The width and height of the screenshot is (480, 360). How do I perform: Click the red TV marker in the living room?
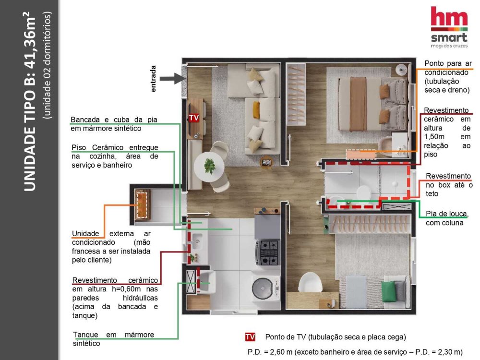pyautogui.click(x=194, y=118)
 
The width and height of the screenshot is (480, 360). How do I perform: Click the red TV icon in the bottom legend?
pyautogui.click(x=250, y=337)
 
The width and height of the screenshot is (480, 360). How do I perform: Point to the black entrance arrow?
pyautogui.click(x=172, y=79)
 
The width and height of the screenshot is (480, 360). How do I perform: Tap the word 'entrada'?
pyautogui.click(x=154, y=79)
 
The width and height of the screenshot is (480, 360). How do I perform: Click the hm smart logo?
pyautogui.click(x=449, y=27)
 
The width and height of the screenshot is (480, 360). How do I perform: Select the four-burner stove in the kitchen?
pyautogui.click(x=267, y=252)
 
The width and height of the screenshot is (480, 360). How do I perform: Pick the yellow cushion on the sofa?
pyautogui.click(x=256, y=110)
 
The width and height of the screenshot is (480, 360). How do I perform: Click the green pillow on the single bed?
pyautogui.click(x=388, y=291)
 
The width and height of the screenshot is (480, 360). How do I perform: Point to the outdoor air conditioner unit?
pyautogui.click(x=143, y=205)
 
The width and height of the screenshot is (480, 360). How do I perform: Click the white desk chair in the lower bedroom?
pyautogui.click(x=310, y=283)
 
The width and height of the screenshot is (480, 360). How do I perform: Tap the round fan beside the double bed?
pyautogui.click(x=401, y=70)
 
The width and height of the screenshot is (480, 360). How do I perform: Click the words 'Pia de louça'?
pyautogui.click(x=446, y=214)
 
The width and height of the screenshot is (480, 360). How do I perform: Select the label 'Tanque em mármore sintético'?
pyautogui.click(x=113, y=339)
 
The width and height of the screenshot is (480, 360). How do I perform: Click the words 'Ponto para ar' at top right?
pyautogui.click(x=448, y=63)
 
